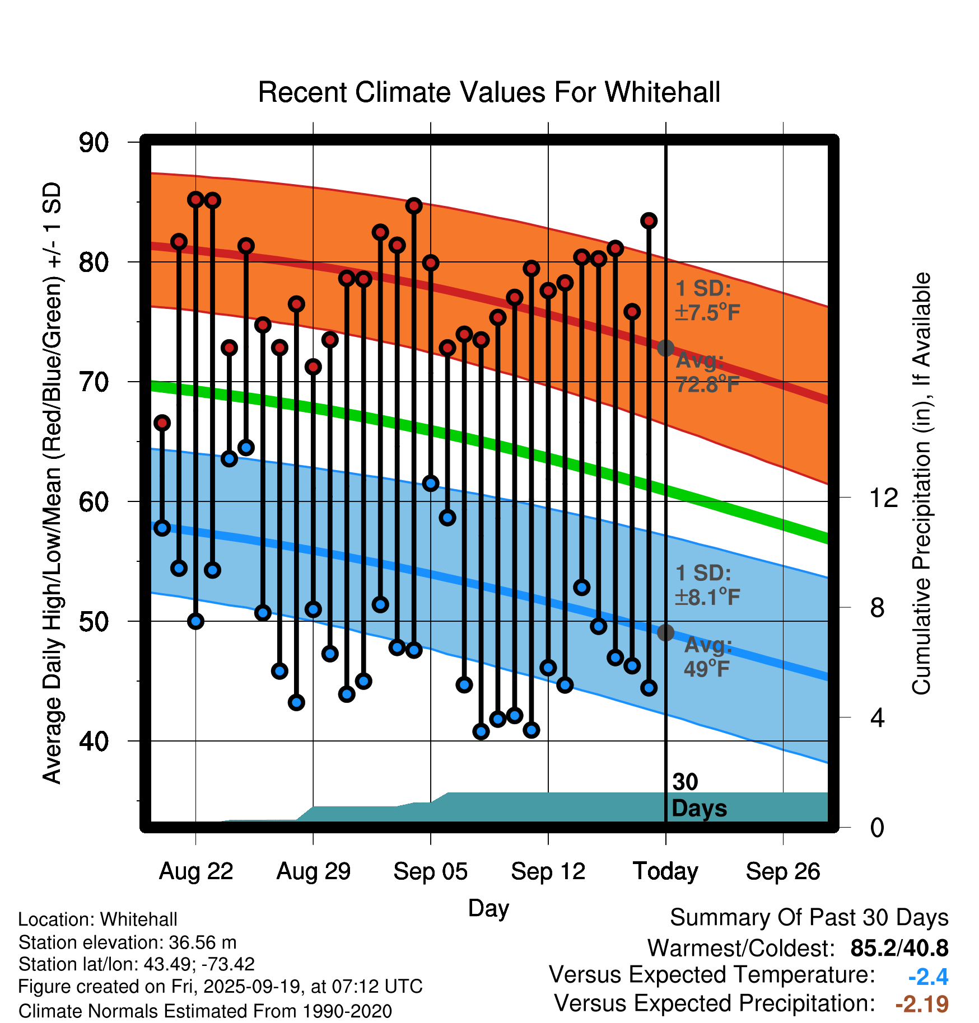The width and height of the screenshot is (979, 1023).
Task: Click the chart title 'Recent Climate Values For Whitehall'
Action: [489, 92]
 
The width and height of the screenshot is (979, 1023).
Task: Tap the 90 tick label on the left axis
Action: [94, 143]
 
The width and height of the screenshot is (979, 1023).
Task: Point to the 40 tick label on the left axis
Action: [94, 742]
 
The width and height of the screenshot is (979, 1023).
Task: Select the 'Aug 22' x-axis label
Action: [196, 871]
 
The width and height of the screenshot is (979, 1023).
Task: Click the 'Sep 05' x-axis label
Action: [430, 871]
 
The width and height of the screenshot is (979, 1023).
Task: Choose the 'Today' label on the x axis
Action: [665, 871]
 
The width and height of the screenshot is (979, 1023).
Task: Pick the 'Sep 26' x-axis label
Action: [782, 871]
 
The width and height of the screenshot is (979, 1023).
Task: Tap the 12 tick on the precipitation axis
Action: [883, 498]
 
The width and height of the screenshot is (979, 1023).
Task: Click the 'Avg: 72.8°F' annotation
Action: [707, 372]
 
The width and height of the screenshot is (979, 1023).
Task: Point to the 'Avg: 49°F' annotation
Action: [707, 656]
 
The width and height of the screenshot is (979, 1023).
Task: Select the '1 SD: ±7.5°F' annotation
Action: [707, 301]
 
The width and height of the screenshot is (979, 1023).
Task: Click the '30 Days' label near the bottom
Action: [698, 795]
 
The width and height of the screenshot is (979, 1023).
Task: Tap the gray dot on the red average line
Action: [665, 348]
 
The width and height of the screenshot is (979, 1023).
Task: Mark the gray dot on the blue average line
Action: [665, 632]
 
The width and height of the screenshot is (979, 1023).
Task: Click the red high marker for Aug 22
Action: [195, 199]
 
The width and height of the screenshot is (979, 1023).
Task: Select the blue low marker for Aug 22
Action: [195, 621]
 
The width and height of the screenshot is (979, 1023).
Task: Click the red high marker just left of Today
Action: [649, 221]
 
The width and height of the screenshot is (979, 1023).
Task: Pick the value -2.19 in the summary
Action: [921, 1004]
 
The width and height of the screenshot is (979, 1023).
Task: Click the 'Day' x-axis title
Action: [488, 908]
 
